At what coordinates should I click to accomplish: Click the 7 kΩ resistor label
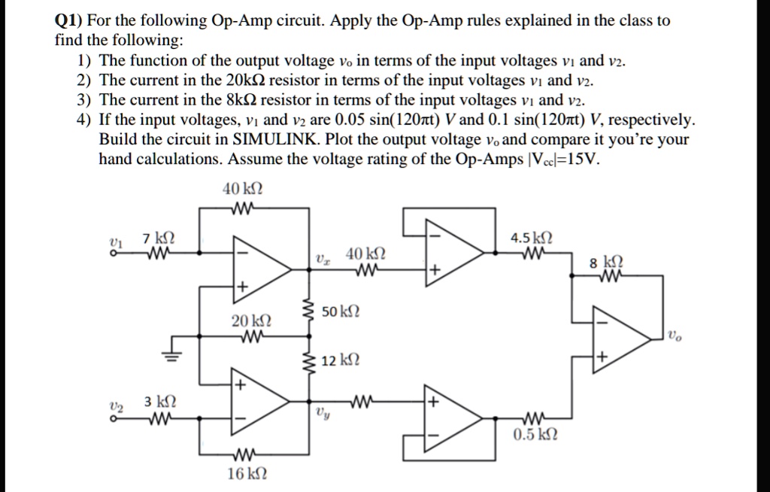(x=159, y=238)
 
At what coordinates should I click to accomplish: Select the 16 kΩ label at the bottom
(x=247, y=475)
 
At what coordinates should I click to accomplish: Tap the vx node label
(x=321, y=258)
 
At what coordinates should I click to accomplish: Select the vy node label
(x=322, y=413)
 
